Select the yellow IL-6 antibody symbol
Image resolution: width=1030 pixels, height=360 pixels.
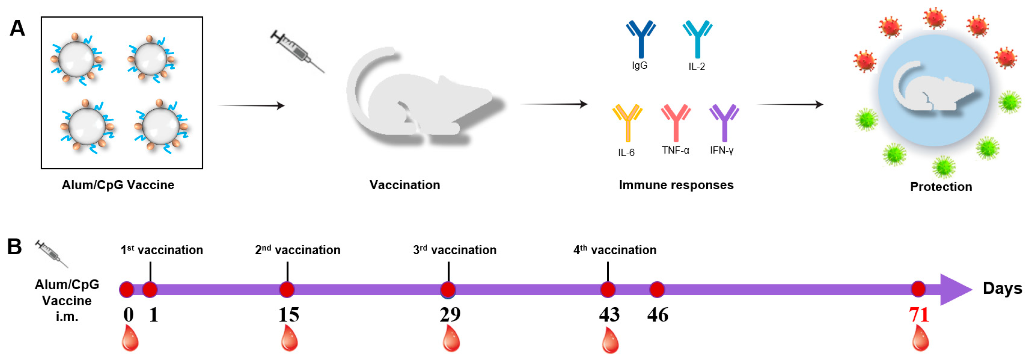627,122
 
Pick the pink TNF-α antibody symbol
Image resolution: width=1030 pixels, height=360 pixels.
676,122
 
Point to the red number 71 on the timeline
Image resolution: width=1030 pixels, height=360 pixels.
919,314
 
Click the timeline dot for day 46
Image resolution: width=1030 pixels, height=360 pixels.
657,290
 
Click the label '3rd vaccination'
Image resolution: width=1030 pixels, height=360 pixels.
455,250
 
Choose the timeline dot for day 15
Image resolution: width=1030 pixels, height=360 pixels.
287,290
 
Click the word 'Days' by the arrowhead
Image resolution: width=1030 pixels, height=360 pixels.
1002,288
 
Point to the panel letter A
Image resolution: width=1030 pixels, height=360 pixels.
17,28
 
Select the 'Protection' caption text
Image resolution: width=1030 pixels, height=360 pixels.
941,187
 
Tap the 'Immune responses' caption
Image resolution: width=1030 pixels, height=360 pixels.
676,185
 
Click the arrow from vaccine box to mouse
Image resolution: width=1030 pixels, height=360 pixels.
252,106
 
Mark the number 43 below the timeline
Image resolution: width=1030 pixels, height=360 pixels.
609,314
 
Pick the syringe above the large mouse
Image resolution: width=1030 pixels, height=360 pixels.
297,51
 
